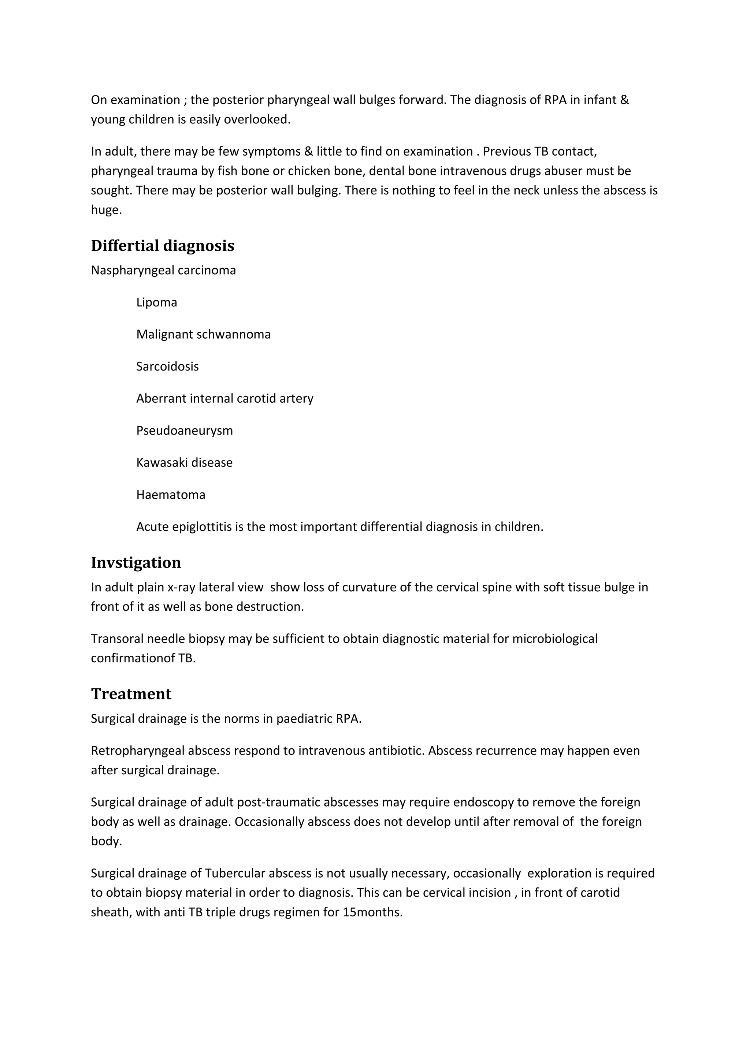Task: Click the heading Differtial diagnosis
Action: pyautogui.click(x=162, y=246)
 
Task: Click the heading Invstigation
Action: pyautogui.click(x=136, y=563)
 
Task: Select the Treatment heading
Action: pyautogui.click(x=131, y=694)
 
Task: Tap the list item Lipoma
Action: pyautogui.click(x=156, y=303)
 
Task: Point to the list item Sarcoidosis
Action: pyautogui.click(x=167, y=367)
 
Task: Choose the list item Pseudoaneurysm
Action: pyautogui.click(x=184, y=431)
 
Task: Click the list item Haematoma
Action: pyautogui.click(x=171, y=495)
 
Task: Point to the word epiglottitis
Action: pyautogui.click(x=201, y=527)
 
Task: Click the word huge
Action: pyautogui.click(x=106, y=210)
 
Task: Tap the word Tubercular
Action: pyautogui.click(x=234, y=874)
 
